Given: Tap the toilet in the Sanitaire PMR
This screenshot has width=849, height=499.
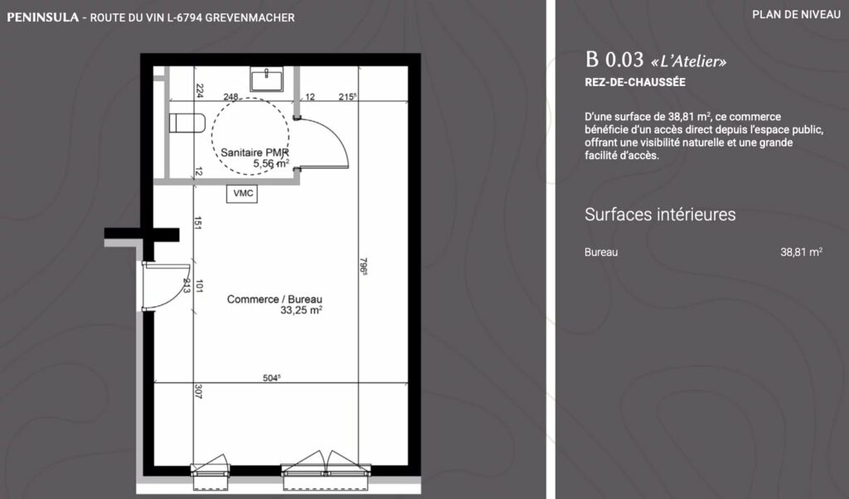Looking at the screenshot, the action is click(x=187, y=123).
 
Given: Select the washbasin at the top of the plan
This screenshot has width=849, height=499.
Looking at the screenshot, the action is click(x=266, y=79).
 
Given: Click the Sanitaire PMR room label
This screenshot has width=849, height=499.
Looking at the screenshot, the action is click(x=255, y=153).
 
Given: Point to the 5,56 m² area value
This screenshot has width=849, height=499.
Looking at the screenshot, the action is click(x=271, y=163).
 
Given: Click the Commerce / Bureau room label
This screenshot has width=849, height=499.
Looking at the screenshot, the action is click(x=274, y=299).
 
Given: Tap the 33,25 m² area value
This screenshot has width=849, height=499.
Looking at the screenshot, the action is click(x=301, y=310).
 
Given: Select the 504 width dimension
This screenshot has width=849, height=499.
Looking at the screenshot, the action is click(x=271, y=378).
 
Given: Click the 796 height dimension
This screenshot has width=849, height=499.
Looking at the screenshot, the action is click(x=363, y=266).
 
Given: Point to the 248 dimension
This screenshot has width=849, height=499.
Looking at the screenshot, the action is click(x=230, y=97).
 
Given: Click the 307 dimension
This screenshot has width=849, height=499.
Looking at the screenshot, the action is click(x=198, y=391).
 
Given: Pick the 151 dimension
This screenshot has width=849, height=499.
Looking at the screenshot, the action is click(x=198, y=223).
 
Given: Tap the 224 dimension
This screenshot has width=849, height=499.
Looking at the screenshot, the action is click(x=199, y=90).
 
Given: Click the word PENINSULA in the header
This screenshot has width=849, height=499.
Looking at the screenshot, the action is click(x=43, y=17).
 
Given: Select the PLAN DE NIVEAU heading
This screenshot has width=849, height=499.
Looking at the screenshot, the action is click(x=797, y=15).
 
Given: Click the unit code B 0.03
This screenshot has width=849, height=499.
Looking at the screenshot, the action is click(x=614, y=59).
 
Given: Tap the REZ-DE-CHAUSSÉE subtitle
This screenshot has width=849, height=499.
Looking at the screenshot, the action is click(x=635, y=82).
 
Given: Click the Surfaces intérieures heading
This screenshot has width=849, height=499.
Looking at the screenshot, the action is click(x=660, y=215).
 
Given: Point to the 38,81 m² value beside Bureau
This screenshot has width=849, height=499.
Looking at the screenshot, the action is click(x=802, y=252).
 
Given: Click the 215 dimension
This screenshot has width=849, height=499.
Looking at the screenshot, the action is click(x=347, y=97).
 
